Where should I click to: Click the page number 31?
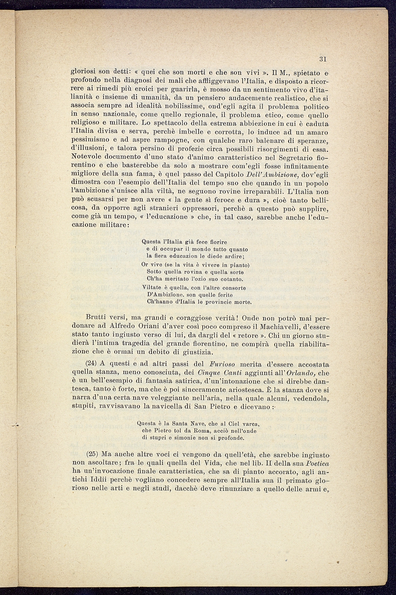click(x=323, y=59)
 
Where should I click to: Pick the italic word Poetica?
click(x=318, y=462)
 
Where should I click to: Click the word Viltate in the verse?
click(x=151, y=288)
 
